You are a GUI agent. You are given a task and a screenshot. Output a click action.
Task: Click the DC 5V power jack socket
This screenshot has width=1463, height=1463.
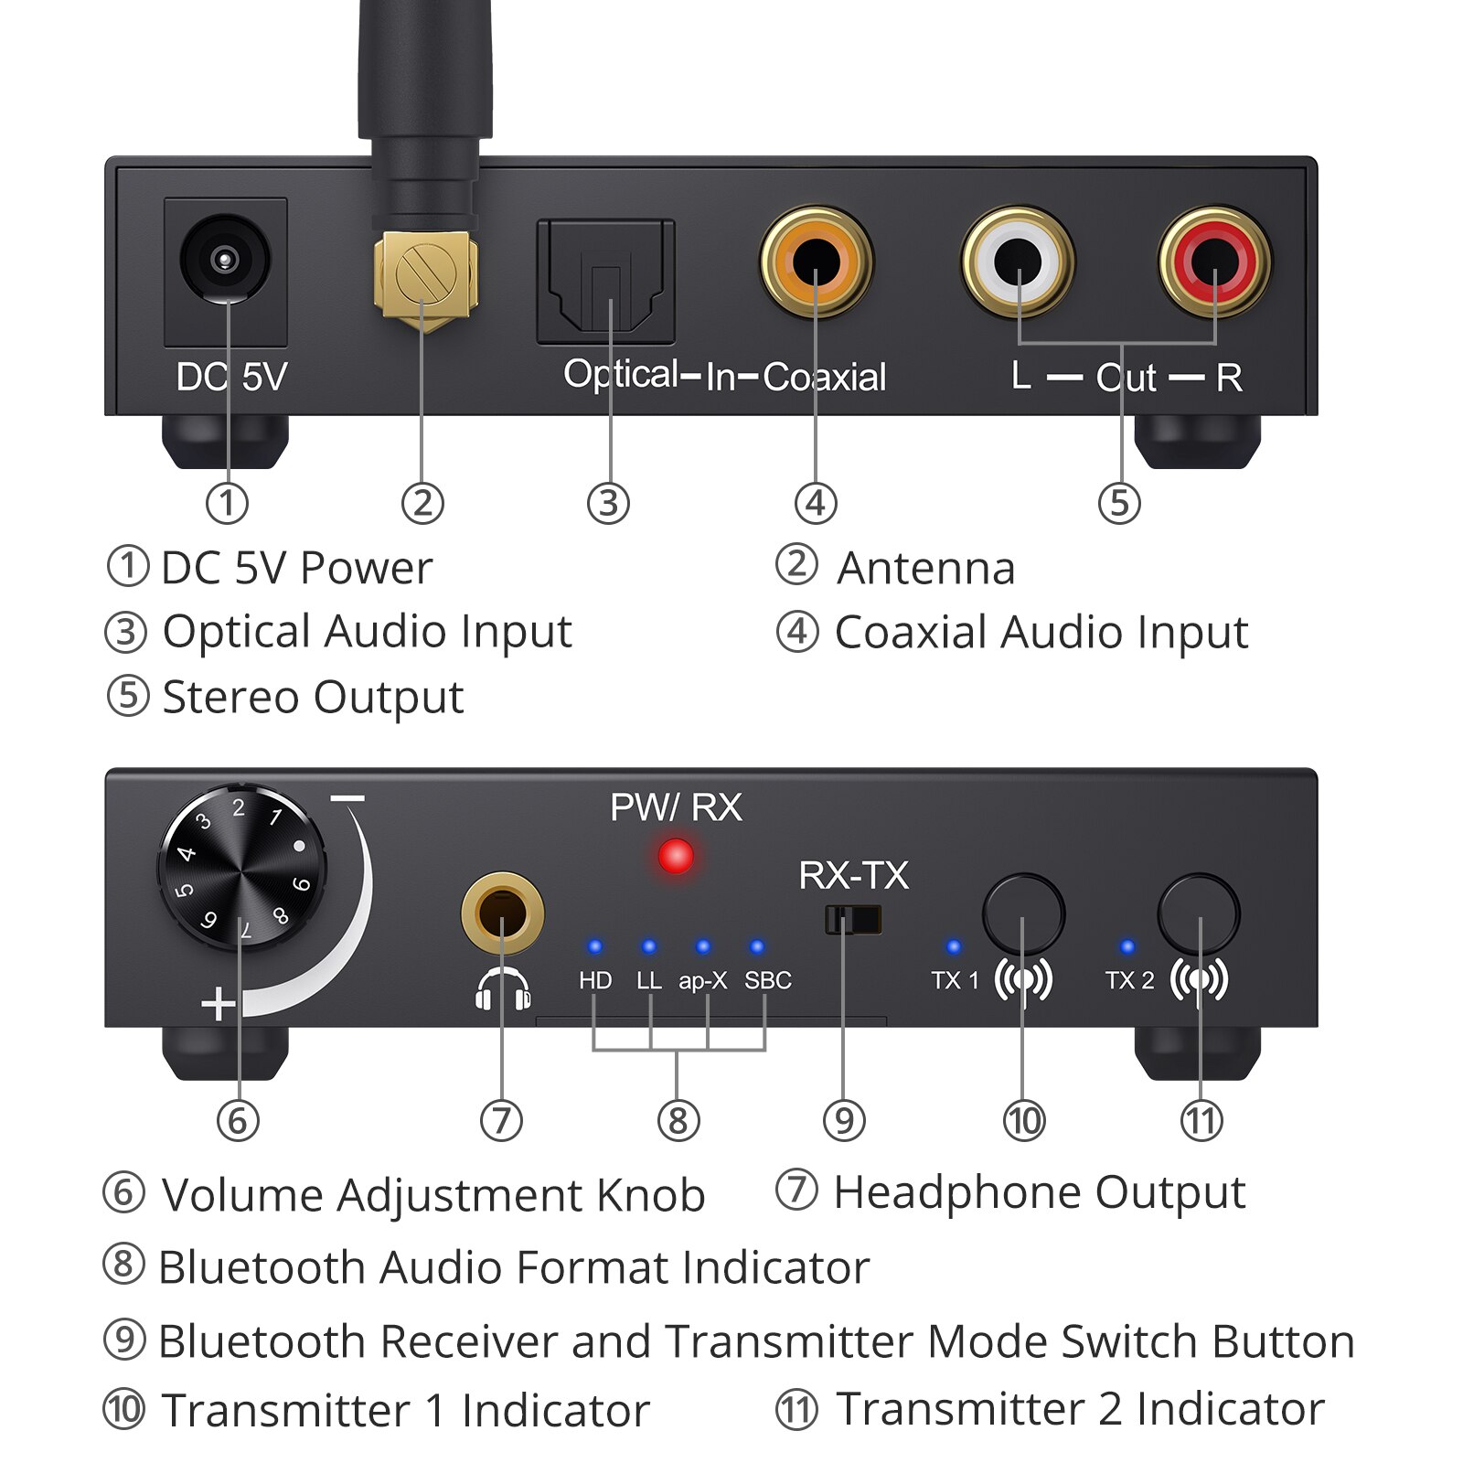225,260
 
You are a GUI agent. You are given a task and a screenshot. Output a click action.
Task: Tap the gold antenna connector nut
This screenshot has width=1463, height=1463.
425,272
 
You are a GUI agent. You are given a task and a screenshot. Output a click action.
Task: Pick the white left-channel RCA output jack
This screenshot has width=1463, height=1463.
1018,262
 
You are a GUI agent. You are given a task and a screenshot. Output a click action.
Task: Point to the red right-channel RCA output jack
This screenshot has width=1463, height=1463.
1214,262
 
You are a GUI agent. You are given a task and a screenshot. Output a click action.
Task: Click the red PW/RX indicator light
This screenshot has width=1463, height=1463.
676,857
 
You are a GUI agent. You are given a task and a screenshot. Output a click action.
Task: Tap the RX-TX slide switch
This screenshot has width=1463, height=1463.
853,919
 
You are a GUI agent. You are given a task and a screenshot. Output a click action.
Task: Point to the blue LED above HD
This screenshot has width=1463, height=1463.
595,946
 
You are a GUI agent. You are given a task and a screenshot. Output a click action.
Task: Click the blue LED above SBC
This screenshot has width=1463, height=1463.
756,946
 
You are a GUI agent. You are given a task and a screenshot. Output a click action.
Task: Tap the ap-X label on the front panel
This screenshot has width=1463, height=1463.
702,980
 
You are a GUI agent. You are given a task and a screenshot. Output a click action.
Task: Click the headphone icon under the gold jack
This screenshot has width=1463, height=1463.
503,989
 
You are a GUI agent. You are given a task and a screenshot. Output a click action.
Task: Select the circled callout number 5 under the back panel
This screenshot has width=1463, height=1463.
1119,503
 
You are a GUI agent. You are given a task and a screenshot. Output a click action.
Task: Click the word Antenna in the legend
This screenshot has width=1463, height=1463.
925,568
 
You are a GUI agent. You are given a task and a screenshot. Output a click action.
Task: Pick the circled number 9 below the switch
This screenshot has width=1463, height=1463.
843,1120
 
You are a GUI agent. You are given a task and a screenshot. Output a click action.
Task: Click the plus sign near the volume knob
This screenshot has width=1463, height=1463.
218,1004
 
